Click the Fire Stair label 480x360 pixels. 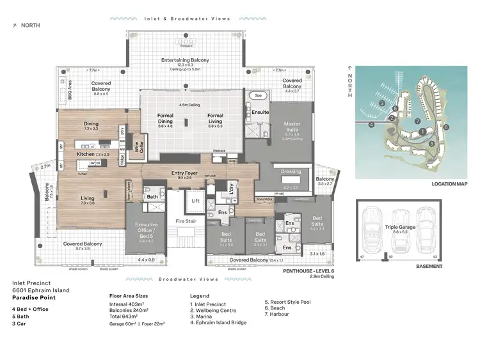185,221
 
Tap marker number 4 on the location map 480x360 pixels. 371,125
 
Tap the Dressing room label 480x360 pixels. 291,171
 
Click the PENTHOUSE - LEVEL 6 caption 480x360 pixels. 308,271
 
